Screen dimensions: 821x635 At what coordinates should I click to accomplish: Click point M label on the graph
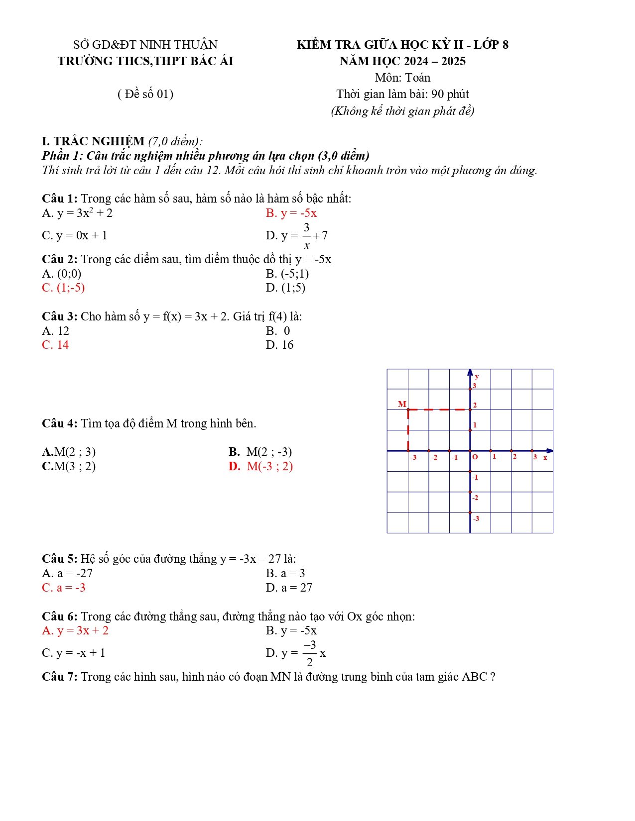[x=402, y=404]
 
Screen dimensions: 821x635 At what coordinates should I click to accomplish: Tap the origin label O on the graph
[x=475, y=457]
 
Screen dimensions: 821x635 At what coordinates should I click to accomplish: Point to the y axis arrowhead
[x=470, y=372]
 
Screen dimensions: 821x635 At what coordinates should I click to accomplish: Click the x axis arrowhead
[x=549, y=451]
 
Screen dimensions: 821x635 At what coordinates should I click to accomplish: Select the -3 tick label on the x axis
[x=413, y=457]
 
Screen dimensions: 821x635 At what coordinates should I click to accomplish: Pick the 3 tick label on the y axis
[x=475, y=386]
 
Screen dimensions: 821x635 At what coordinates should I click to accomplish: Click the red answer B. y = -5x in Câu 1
[x=291, y=213]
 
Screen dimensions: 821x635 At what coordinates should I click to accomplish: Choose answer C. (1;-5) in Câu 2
[x=63, y=288]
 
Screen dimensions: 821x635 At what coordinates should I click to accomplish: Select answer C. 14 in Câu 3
[x=55, y=345]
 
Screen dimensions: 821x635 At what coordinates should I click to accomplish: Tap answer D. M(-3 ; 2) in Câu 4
[x=260, y=466]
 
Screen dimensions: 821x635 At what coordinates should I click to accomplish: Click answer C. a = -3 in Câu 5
[x=64, y=588]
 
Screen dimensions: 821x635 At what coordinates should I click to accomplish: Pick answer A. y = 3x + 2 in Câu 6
[x=75, y=630]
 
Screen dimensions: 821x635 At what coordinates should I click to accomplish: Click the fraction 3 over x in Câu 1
[x=307, y=236]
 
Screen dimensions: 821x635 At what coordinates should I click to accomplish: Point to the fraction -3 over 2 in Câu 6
[x=310, y=653]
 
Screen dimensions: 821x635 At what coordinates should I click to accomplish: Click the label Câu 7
[x=59, y=677]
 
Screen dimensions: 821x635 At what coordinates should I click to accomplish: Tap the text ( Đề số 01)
[x=145, y=94]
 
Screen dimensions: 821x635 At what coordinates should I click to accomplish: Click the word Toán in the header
[x=418, y=78]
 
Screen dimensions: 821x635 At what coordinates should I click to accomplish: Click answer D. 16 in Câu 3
[x=279, y=345]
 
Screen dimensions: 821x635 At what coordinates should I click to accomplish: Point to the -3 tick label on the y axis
[x=476, y=518]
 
